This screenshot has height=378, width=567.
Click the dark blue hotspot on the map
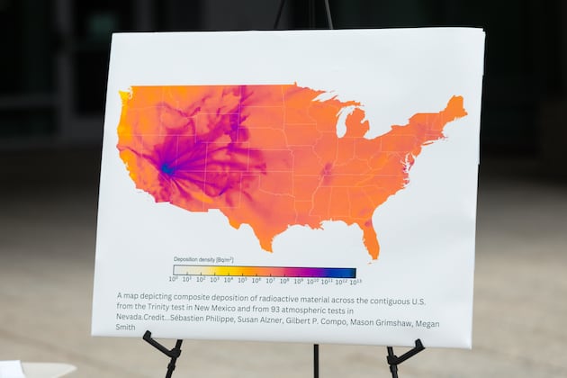(166, 168)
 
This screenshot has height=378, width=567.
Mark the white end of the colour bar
(178, 271)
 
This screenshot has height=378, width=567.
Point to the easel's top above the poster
(303, 13)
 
